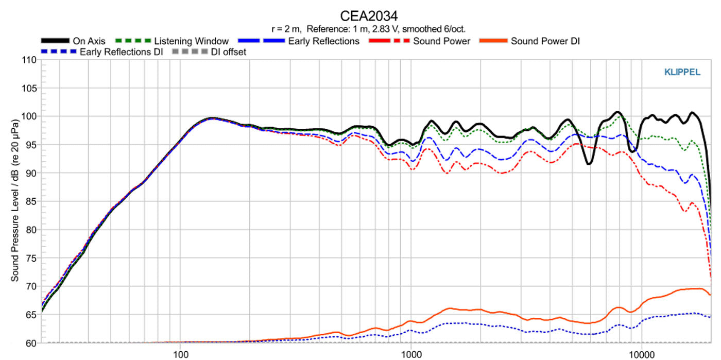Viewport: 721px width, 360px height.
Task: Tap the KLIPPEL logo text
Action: coord(682,73)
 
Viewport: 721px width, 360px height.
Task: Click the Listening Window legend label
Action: coord(191,41)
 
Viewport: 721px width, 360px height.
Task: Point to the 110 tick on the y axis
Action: coord(29,60)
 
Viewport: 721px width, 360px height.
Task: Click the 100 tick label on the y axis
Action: coord(29,117)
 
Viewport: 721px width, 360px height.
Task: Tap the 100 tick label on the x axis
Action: coord(180,354)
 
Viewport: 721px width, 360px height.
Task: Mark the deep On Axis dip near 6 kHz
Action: coord(589,163)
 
